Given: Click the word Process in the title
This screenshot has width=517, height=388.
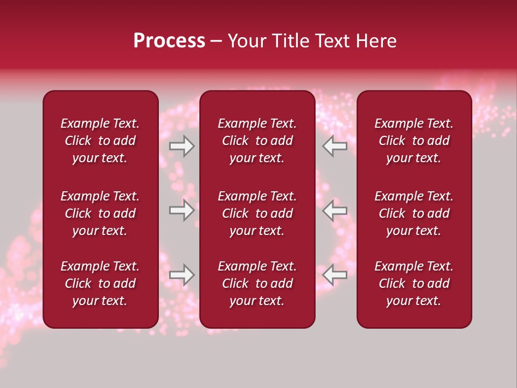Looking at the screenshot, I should [x=169, y=41].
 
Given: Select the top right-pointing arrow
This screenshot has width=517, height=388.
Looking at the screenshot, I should [x=182, y=146].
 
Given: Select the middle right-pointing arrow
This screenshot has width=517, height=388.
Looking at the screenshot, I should [x=182, y=210].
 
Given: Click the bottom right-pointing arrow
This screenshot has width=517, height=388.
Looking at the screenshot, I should [x=182, y=275].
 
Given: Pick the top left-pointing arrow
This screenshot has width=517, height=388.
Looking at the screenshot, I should [x=334, y=146].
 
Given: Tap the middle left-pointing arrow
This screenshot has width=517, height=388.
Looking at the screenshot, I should [x=334, y=210].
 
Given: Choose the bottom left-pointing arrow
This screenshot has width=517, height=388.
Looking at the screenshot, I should [x=334, y=275].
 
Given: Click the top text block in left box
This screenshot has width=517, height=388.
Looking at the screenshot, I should [x=100, y=141].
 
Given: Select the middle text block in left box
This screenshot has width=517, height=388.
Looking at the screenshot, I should [x=100, y=213].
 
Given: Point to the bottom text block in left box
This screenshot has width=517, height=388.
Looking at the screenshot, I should [x=100, y=283].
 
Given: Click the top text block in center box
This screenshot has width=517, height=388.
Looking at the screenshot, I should [x=257, y=141].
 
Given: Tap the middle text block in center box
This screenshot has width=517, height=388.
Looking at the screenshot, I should [x=257, y=213].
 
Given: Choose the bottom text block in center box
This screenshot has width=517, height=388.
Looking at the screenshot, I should [x=257, y=283].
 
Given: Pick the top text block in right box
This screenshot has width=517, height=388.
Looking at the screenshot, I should [x=414, y=141].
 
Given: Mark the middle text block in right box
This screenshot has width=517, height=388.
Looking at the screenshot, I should [x=414, y=213].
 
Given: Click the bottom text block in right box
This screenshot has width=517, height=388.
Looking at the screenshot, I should [x=414, y=283].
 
